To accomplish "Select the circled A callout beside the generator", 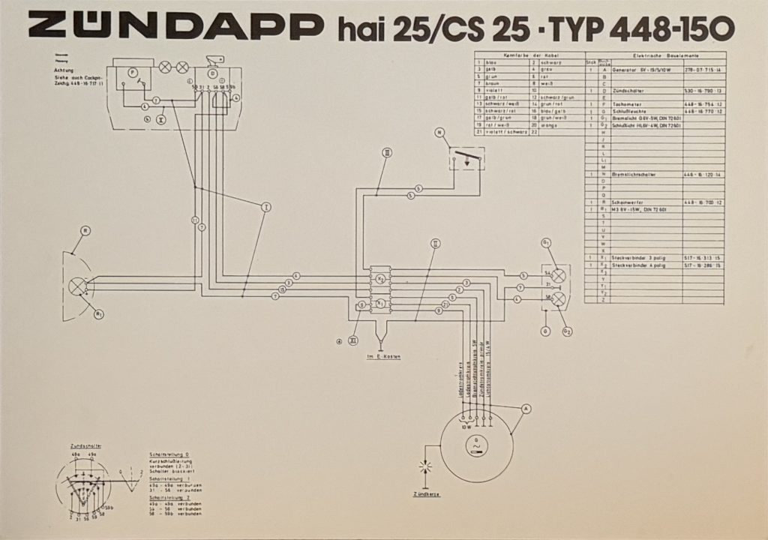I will tap(526, 408).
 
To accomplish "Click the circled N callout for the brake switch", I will tap(439, 133).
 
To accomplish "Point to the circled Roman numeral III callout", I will tap(386, 152).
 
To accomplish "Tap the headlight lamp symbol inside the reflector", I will tap(77, 286).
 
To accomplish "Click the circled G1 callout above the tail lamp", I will tap(546, 242).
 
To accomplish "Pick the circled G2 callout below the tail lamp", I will tap(567, 331).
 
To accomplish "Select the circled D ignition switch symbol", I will tap(212, 73).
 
